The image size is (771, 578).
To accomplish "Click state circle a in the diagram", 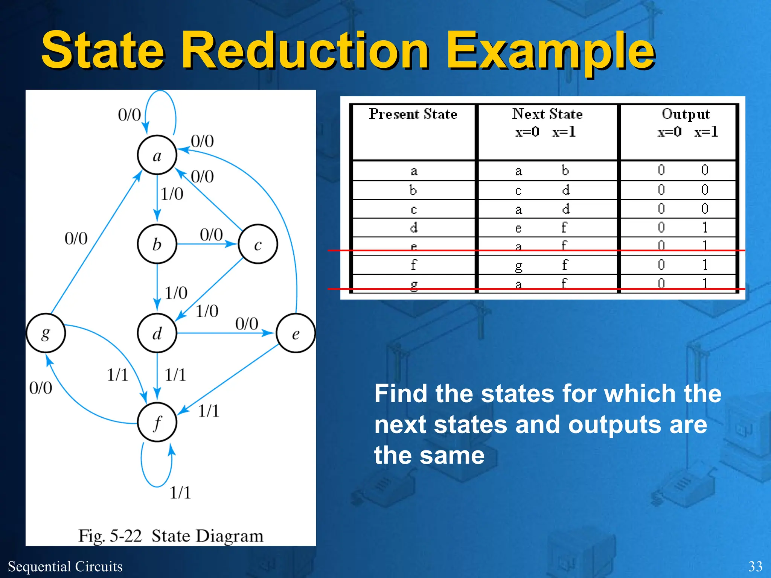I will point(157,155).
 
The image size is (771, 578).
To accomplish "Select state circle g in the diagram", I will point(46,333).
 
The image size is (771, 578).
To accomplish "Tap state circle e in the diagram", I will point(296,333).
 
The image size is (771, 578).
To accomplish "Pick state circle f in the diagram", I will point(157,422).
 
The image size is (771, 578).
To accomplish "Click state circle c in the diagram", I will point(258,244).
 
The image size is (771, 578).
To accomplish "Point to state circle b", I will point(157,244).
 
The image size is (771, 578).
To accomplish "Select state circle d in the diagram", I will point(157,333).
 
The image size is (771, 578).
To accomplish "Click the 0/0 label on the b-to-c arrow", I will point(211,235).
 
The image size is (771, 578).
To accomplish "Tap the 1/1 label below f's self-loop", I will point(180,493).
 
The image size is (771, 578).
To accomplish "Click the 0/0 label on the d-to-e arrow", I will point(247,324).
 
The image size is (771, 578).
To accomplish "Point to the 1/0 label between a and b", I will point(172,194).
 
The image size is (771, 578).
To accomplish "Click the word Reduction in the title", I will point(306,51).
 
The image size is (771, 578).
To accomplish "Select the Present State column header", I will point(413,114).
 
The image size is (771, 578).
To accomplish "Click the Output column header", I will point(686,114).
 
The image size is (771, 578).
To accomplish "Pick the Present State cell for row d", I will point(414,228).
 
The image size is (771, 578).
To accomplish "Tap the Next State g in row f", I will point(519,266).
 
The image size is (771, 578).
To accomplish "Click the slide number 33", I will point(755,566).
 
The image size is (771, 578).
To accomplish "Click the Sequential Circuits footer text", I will point(65,566).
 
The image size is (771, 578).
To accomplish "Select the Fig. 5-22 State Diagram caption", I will point(171,535).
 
